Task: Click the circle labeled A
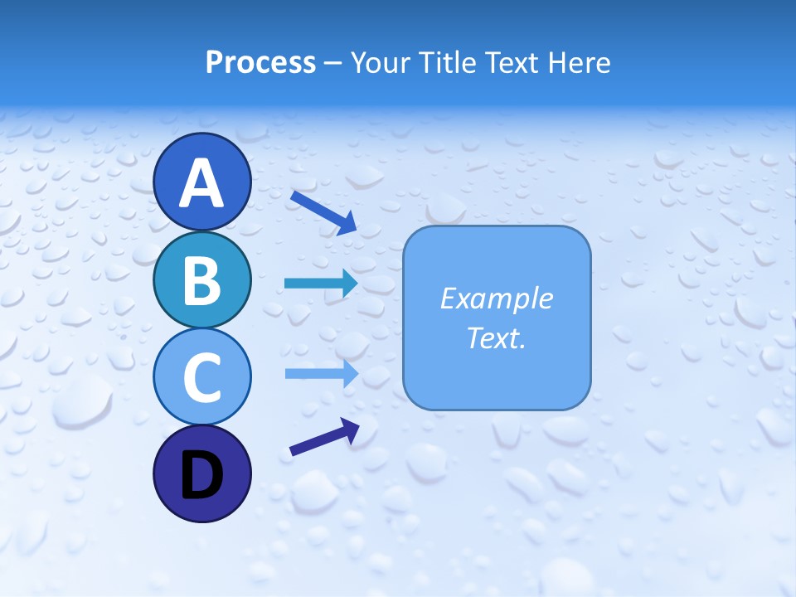(201, 182)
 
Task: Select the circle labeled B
(201, 279)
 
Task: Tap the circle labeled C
(201, 376)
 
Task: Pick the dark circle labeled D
(201, 473)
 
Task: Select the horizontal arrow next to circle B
(319, 284)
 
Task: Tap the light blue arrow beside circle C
(319, 373)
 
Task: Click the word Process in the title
(260, 62)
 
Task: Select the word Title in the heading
(444, 62)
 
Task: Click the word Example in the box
(497, 298)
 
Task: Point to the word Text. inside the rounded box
(497, 337)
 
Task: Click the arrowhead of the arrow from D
(350, 427)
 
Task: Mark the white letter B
(201, 279)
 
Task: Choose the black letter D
(201, 475)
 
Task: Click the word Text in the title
(510, 62)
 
